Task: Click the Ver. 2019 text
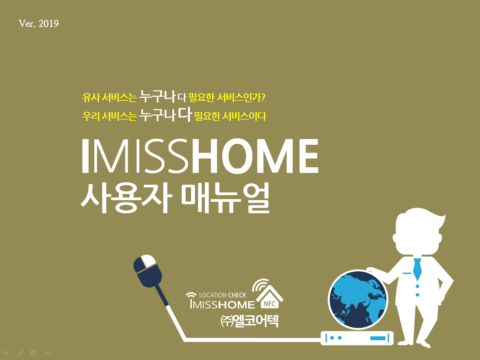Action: (x=39, y=24)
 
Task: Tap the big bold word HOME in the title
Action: (x=255, y=156)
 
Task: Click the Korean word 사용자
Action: (x=127, y=198)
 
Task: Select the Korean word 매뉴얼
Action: (x=226, y=198)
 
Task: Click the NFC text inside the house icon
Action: (x=270, y=304)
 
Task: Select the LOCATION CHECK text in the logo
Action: (x=223, y=295)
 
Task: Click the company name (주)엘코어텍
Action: (x=249, y=321)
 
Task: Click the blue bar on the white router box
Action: (x=378, y=338)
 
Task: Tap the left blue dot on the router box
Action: (x=332, y=338)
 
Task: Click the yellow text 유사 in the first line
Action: (x=91, y=97)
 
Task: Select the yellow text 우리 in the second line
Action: (x=91, y=116)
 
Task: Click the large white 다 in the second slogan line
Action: (x=185, y=114)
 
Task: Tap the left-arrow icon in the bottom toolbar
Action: (x=6, y=353)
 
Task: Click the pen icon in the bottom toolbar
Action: (x=20, y=353)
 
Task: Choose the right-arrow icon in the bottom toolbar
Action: (x=48, y=353)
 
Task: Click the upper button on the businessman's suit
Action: (x=418, y=286)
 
